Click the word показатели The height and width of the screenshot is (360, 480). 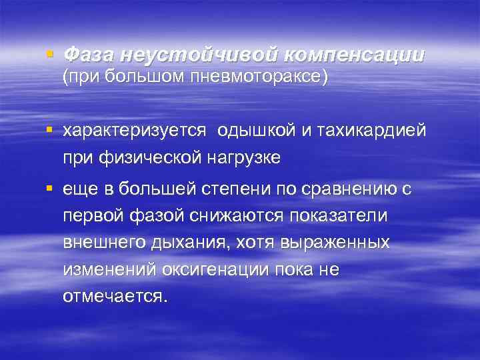click(349, 217)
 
